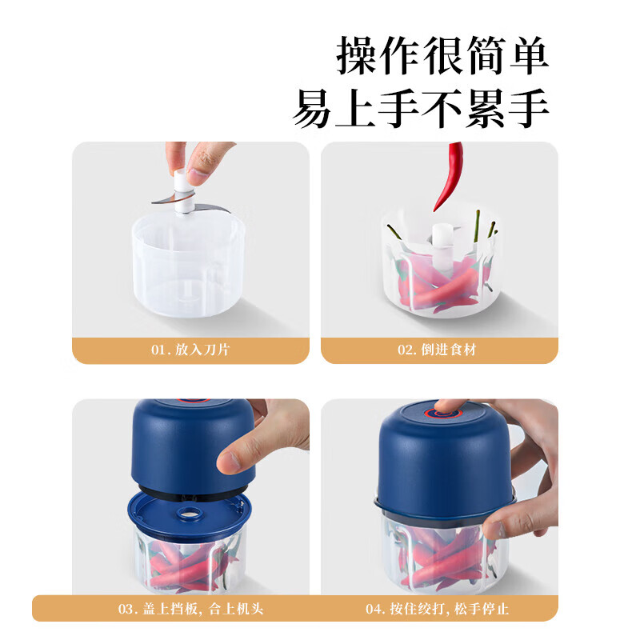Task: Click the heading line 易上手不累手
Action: tap(421, 110)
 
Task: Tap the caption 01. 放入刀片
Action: tap(190, 350)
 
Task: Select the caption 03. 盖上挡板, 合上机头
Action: tap(190, 608)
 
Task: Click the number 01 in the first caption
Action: tap(158, 350)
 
